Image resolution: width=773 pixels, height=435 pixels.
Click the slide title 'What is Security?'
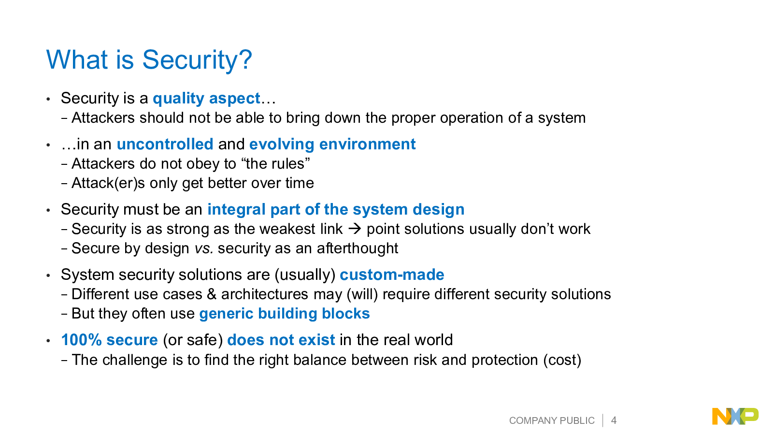[x=149, y=60]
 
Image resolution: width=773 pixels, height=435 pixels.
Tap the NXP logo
[x=735, y=416]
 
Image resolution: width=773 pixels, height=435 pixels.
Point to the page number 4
[x=614, y=420]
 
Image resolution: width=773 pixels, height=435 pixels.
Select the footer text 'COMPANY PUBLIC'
[x=552, y=420]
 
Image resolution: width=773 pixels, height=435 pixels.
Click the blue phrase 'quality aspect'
[x=206, y=99]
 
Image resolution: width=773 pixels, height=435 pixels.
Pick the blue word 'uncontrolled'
[x=165, y=144]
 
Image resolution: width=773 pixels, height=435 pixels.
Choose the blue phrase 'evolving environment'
[x=332, y=145]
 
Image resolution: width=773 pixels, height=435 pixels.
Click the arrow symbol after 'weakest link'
[x=355, y=229]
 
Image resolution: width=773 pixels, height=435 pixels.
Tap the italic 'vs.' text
[x=203, y=248]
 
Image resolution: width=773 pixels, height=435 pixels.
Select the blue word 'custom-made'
[x=392, y=275]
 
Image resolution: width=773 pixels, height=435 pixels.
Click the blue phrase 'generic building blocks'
[x=285, y=314]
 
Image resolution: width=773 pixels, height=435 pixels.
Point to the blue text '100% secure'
[x=109, y=340]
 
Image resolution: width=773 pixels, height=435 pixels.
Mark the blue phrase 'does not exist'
[x=281, y=340]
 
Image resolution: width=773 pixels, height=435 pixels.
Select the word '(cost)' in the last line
[x=562, y=360]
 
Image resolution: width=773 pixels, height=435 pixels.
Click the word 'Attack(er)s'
[x=108, y=183]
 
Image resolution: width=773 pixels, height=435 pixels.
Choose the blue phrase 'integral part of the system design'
[x=336, y=210]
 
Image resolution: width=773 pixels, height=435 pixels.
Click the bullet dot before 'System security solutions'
[x=48, y=275]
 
